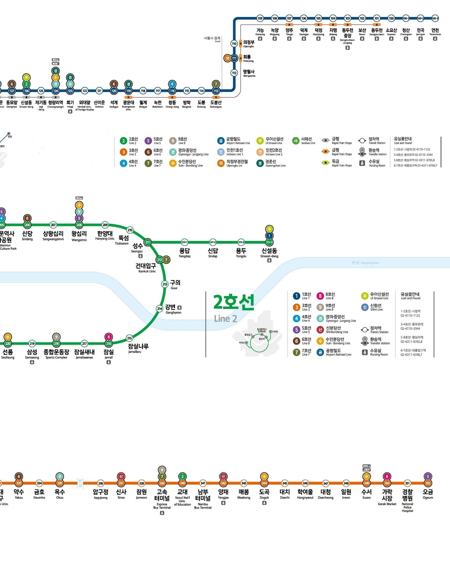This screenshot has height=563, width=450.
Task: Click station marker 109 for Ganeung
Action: [x=260, y=18]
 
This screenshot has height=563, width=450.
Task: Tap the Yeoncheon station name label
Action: [x=435, y=31]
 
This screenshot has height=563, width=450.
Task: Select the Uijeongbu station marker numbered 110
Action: [x=234, y=44]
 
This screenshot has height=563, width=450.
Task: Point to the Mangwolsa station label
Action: [x=249, y=73]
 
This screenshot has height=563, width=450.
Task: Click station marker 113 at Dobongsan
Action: [x=216, y=91]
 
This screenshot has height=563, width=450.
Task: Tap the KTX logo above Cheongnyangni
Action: [x=55, y=64]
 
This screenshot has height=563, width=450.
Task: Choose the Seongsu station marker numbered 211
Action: [x=148, y=242]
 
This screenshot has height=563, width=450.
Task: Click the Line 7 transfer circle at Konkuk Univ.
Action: [x=166, y=260]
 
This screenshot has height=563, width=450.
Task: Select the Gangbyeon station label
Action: [x=171, y=309]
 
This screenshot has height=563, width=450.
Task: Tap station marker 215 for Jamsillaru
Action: [x=129, y=338]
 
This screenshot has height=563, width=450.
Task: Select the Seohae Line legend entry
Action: [x=304, y=141]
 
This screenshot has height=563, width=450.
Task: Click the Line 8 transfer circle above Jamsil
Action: [x=109, y=337]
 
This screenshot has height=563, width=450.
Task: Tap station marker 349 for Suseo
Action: [x=366, y=483]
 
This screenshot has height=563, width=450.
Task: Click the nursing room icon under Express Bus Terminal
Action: [x=162, y=513]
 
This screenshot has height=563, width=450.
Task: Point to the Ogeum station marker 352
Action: [x=428, y=483]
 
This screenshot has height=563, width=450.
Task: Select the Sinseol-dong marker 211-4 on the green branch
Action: [x=269, y=242]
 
